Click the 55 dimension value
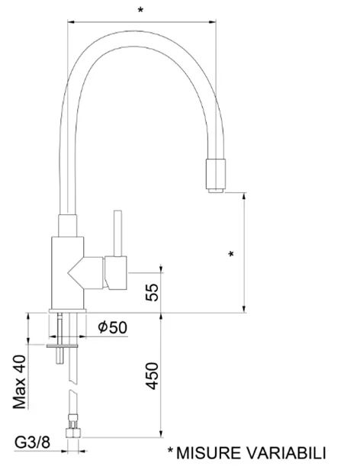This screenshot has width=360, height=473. (152, 292)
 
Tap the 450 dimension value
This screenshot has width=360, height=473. (152, 376)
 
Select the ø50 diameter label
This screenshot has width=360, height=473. (112, 327)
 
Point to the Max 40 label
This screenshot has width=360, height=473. (20, 381)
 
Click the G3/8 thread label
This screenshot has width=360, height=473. (33, 442)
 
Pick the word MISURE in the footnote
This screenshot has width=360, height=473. (208, 453)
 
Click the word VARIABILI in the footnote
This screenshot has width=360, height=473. (287, 453)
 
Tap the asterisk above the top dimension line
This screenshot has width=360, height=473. (140, 10)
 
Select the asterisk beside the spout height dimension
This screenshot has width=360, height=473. (231, 254)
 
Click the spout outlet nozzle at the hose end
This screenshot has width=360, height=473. (216, 175)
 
